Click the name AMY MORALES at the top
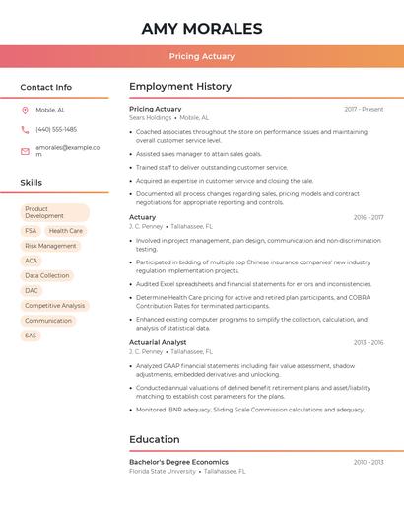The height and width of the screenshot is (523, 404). (201, 28)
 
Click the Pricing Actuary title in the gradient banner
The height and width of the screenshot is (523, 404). (201, 56)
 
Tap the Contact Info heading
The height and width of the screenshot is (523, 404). (45, 87)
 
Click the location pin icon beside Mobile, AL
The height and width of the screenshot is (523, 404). (25, 110)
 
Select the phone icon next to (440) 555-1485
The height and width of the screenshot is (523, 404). (25, 129)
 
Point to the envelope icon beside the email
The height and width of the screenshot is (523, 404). (25, 151)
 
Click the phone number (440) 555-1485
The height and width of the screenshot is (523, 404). (56, 129)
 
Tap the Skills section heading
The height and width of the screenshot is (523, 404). (31, 183)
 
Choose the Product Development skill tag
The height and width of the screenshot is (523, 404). (54, 212)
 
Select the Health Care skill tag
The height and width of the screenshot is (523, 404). (66, 231)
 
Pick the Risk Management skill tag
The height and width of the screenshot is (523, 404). (50, 246)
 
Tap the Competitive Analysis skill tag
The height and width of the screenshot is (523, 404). (54, 306)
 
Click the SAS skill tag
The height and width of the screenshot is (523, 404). (31, 336)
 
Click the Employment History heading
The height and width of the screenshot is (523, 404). (180, 87)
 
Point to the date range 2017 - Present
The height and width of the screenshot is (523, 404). (364, 109)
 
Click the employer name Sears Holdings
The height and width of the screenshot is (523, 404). (150, 117)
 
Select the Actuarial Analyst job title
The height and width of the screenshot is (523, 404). (158, 342)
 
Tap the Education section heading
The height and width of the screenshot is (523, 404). (154, 439)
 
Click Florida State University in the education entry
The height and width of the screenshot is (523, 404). (163, 471)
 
